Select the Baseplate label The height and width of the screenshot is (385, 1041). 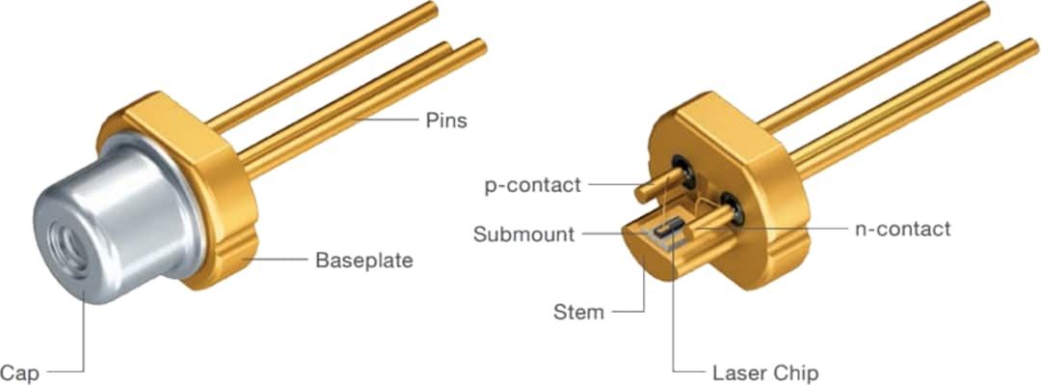click(x=363, y=261)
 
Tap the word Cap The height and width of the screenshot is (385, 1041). click(x=18, y=371)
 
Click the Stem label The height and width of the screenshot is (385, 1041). click(x=578, y=312)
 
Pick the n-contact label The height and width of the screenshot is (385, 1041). click(x=902, y=229)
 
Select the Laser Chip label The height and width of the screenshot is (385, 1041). click(x=765, y=371)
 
